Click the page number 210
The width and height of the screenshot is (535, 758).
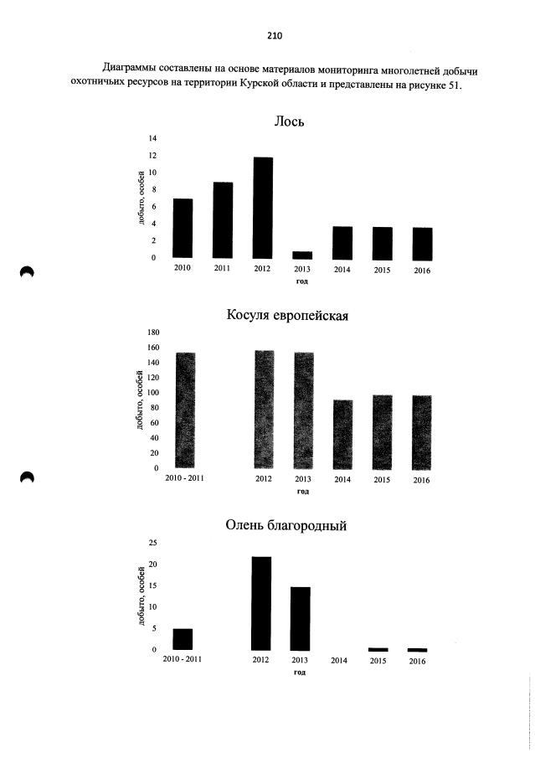click(274, 36)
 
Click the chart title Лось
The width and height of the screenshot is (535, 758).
click(289, 121)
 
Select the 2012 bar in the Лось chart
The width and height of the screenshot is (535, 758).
click(262, 208)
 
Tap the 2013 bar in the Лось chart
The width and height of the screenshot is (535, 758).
click(302, 255)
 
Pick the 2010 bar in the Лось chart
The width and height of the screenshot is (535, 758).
click(183, 228)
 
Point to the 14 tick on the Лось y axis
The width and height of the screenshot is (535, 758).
click(152, 139)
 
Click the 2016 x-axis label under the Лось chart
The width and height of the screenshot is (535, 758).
click(422, 271)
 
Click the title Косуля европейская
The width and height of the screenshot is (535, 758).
click(287, 315)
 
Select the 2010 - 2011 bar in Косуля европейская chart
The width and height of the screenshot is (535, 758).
click(185, 410)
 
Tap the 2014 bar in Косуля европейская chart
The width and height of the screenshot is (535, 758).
click(342, 435)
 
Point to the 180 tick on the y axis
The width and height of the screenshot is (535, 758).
click(152, 333)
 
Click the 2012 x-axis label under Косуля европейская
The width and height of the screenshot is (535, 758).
click(264, 478)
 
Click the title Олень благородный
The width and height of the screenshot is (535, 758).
click(286, 525)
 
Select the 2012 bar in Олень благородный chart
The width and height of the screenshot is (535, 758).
click(261, 603)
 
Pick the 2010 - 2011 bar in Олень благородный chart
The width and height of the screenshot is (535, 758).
click(183, 639)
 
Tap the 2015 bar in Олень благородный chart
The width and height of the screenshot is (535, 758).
click(378, 649)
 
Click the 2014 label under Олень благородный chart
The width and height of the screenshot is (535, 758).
click(339, 660)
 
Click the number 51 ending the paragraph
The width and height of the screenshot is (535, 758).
click(455, 86)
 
